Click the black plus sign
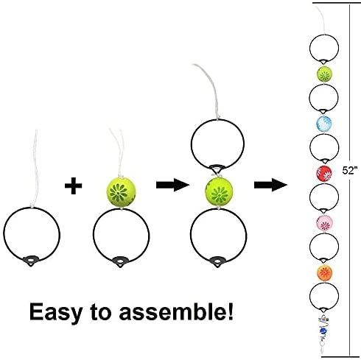click(73, 186)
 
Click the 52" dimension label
click(349, 170)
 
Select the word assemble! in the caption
click(176, 311)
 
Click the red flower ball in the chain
click(324, 173)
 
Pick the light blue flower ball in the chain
click(324, 124)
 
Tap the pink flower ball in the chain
click(324, 223)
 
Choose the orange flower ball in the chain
click(324, 272)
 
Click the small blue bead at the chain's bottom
click(322, 332)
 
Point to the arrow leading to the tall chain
click(270, 185)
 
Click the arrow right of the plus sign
click(172, 185)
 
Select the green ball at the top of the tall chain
click(324, 74)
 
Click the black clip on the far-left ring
click(31, 261)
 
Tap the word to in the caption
click(101, 312)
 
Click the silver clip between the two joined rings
click(216, 170)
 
